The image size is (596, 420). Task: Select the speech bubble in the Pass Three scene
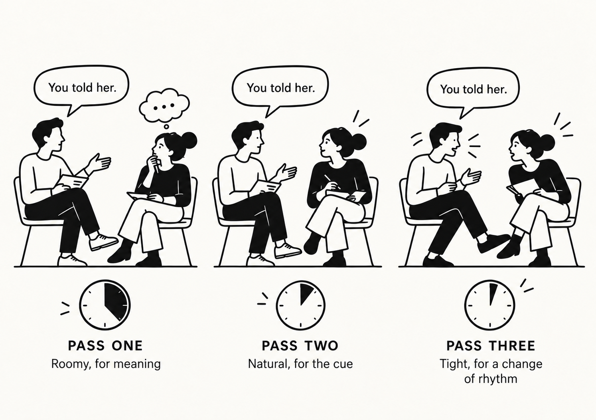[x=473, y=89]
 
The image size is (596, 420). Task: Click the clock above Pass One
[x=105, y=305]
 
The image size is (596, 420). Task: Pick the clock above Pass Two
[x=301, y=305]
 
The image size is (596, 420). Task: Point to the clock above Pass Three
[x=490, y=305]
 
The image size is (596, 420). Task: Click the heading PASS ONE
[x=105, y=346]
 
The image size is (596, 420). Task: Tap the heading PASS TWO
[x=300, y=346]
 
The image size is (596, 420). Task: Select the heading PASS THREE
[x=491, y=346]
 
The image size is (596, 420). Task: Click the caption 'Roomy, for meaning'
[x=106, y=364]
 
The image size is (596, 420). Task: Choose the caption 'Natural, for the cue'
[x=300, y=364]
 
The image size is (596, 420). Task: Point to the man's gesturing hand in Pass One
[x=100, y=162]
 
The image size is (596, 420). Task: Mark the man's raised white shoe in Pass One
[x=103, y=242]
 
